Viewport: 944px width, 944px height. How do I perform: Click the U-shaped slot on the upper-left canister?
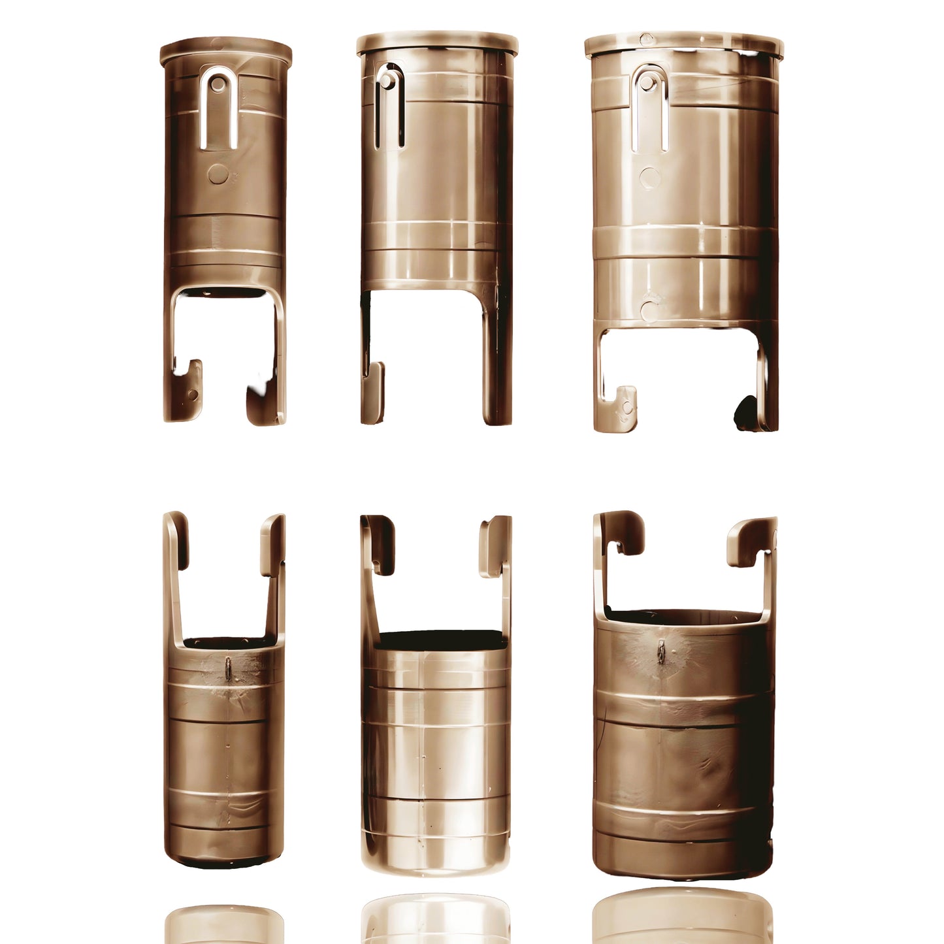[219, 108]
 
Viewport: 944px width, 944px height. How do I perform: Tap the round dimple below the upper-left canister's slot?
[218, 174]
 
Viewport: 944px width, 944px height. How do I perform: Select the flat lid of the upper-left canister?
[225, 51]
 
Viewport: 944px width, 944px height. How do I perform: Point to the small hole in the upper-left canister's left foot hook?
[193, 394]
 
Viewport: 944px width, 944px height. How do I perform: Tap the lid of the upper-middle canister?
[437, 43]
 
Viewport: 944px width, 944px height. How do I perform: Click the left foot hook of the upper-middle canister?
[373, 392]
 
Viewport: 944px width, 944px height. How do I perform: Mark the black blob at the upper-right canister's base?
[746, 414]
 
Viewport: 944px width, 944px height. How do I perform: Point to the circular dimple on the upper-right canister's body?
[650, 177]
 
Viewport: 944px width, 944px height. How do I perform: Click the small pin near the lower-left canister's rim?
[228, 668]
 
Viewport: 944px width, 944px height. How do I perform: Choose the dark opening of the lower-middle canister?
[440, 640]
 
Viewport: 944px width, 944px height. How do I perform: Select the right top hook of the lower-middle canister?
[496, 546]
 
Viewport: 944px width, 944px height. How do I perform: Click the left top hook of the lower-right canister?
[621, 532]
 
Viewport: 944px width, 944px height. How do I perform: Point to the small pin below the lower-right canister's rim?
[661, 651]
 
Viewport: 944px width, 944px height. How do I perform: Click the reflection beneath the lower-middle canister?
[436, 918]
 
